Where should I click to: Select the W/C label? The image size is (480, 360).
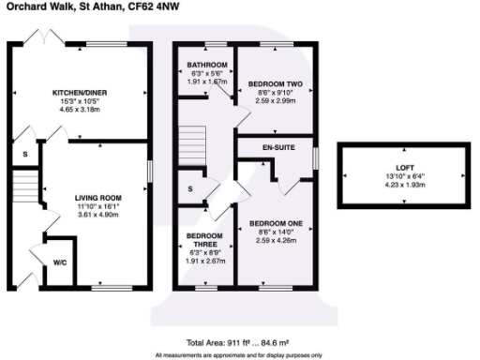(x=59, y=262)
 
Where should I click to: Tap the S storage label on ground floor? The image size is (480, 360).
(x=24, y=155)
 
